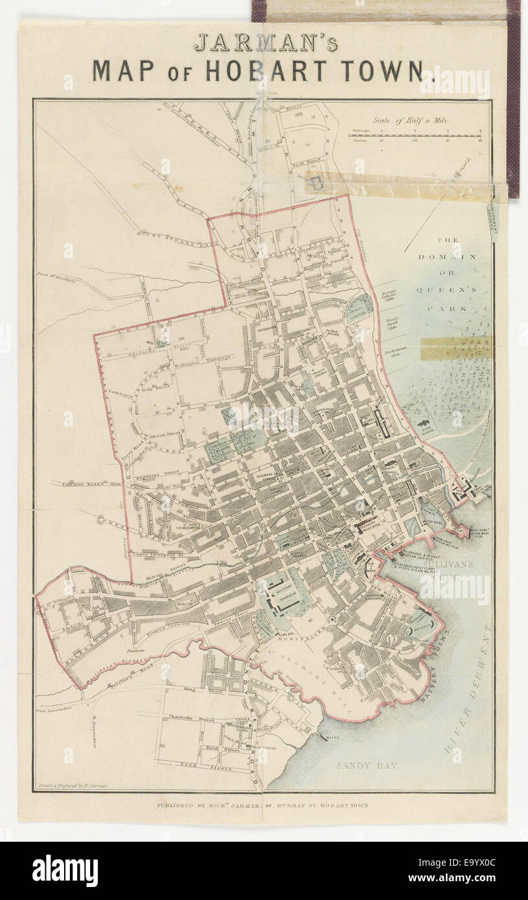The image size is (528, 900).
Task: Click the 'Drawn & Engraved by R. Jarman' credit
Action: (x=72, y=785)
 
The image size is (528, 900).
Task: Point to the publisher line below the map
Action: (x=263, y=806)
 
